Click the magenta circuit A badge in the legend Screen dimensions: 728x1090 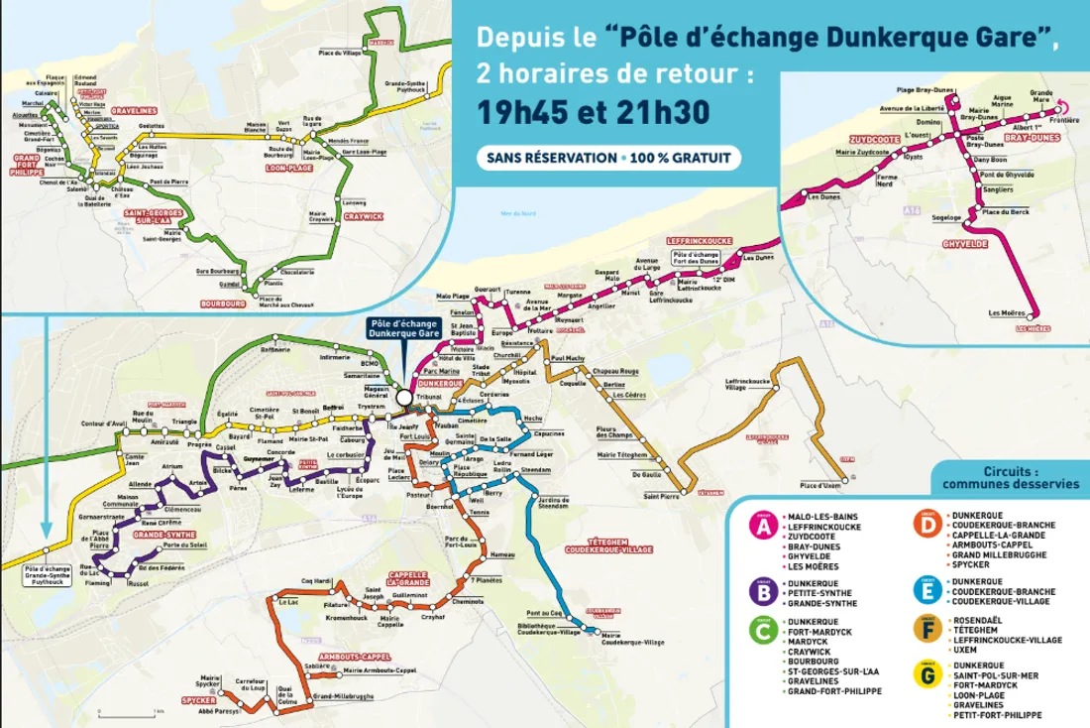763,526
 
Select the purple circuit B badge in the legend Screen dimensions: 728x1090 763,590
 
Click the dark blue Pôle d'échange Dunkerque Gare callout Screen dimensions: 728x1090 402,329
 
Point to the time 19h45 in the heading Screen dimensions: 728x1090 524,112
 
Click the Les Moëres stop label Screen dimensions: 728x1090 1008,313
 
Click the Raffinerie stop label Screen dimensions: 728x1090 274,348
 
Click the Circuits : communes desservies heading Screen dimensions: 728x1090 1010,478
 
